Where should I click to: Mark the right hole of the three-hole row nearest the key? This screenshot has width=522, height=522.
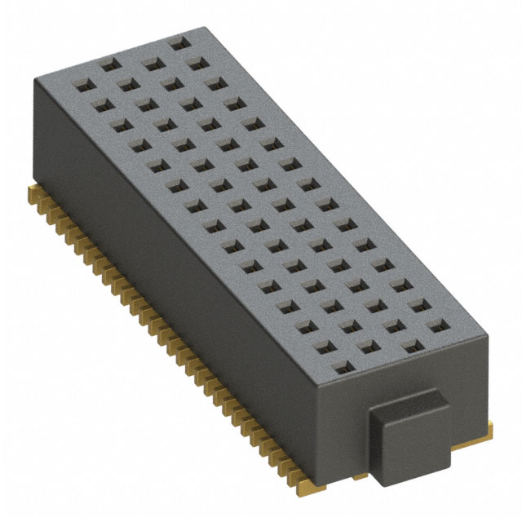point(419,305)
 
